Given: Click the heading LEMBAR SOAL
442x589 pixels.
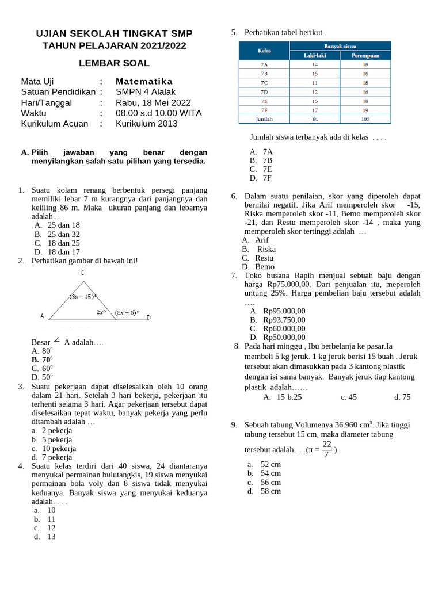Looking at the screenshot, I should point(114,63).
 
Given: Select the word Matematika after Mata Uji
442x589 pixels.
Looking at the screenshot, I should point(144,81).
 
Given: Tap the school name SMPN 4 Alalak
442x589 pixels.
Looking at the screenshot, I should point(146,91).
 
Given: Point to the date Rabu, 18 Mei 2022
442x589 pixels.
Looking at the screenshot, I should point(153,102).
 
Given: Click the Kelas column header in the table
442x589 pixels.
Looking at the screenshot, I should point(264,51).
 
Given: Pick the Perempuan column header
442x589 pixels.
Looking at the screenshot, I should point(365,56).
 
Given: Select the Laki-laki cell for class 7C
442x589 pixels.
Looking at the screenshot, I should point(315,83).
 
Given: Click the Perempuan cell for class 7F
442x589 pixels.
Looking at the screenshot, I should point(365,110).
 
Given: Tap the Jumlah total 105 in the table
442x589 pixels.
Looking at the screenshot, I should point(365,119).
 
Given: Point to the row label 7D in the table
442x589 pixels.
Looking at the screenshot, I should point(264,92).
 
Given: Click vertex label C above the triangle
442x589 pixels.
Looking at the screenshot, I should point(83,273).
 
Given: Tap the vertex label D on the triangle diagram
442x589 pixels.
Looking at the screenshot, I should point(148,318).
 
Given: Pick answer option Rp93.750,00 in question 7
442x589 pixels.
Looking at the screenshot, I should point(284,320).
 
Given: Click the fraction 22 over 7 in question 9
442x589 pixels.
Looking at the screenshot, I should point(326,449).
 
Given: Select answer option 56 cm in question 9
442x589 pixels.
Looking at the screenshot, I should point(270,483).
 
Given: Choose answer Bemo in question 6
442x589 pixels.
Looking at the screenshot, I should point(265,267).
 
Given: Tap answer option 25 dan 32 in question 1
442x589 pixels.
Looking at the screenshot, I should point(63,234).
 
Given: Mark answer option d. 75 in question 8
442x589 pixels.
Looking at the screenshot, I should point(402,397).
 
